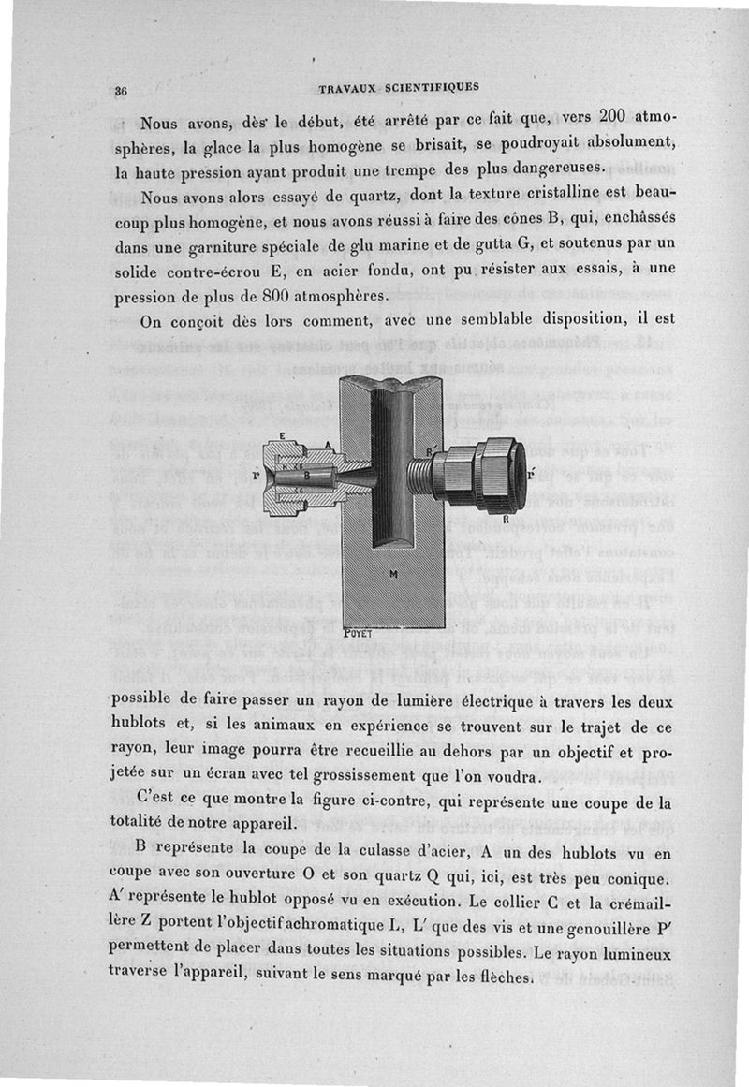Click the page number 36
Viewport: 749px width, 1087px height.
[121, 91]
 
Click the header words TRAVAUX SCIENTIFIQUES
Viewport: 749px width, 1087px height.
[399, 87]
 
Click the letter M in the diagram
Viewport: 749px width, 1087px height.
[392, 573]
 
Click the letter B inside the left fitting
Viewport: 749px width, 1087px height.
[306, 475]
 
